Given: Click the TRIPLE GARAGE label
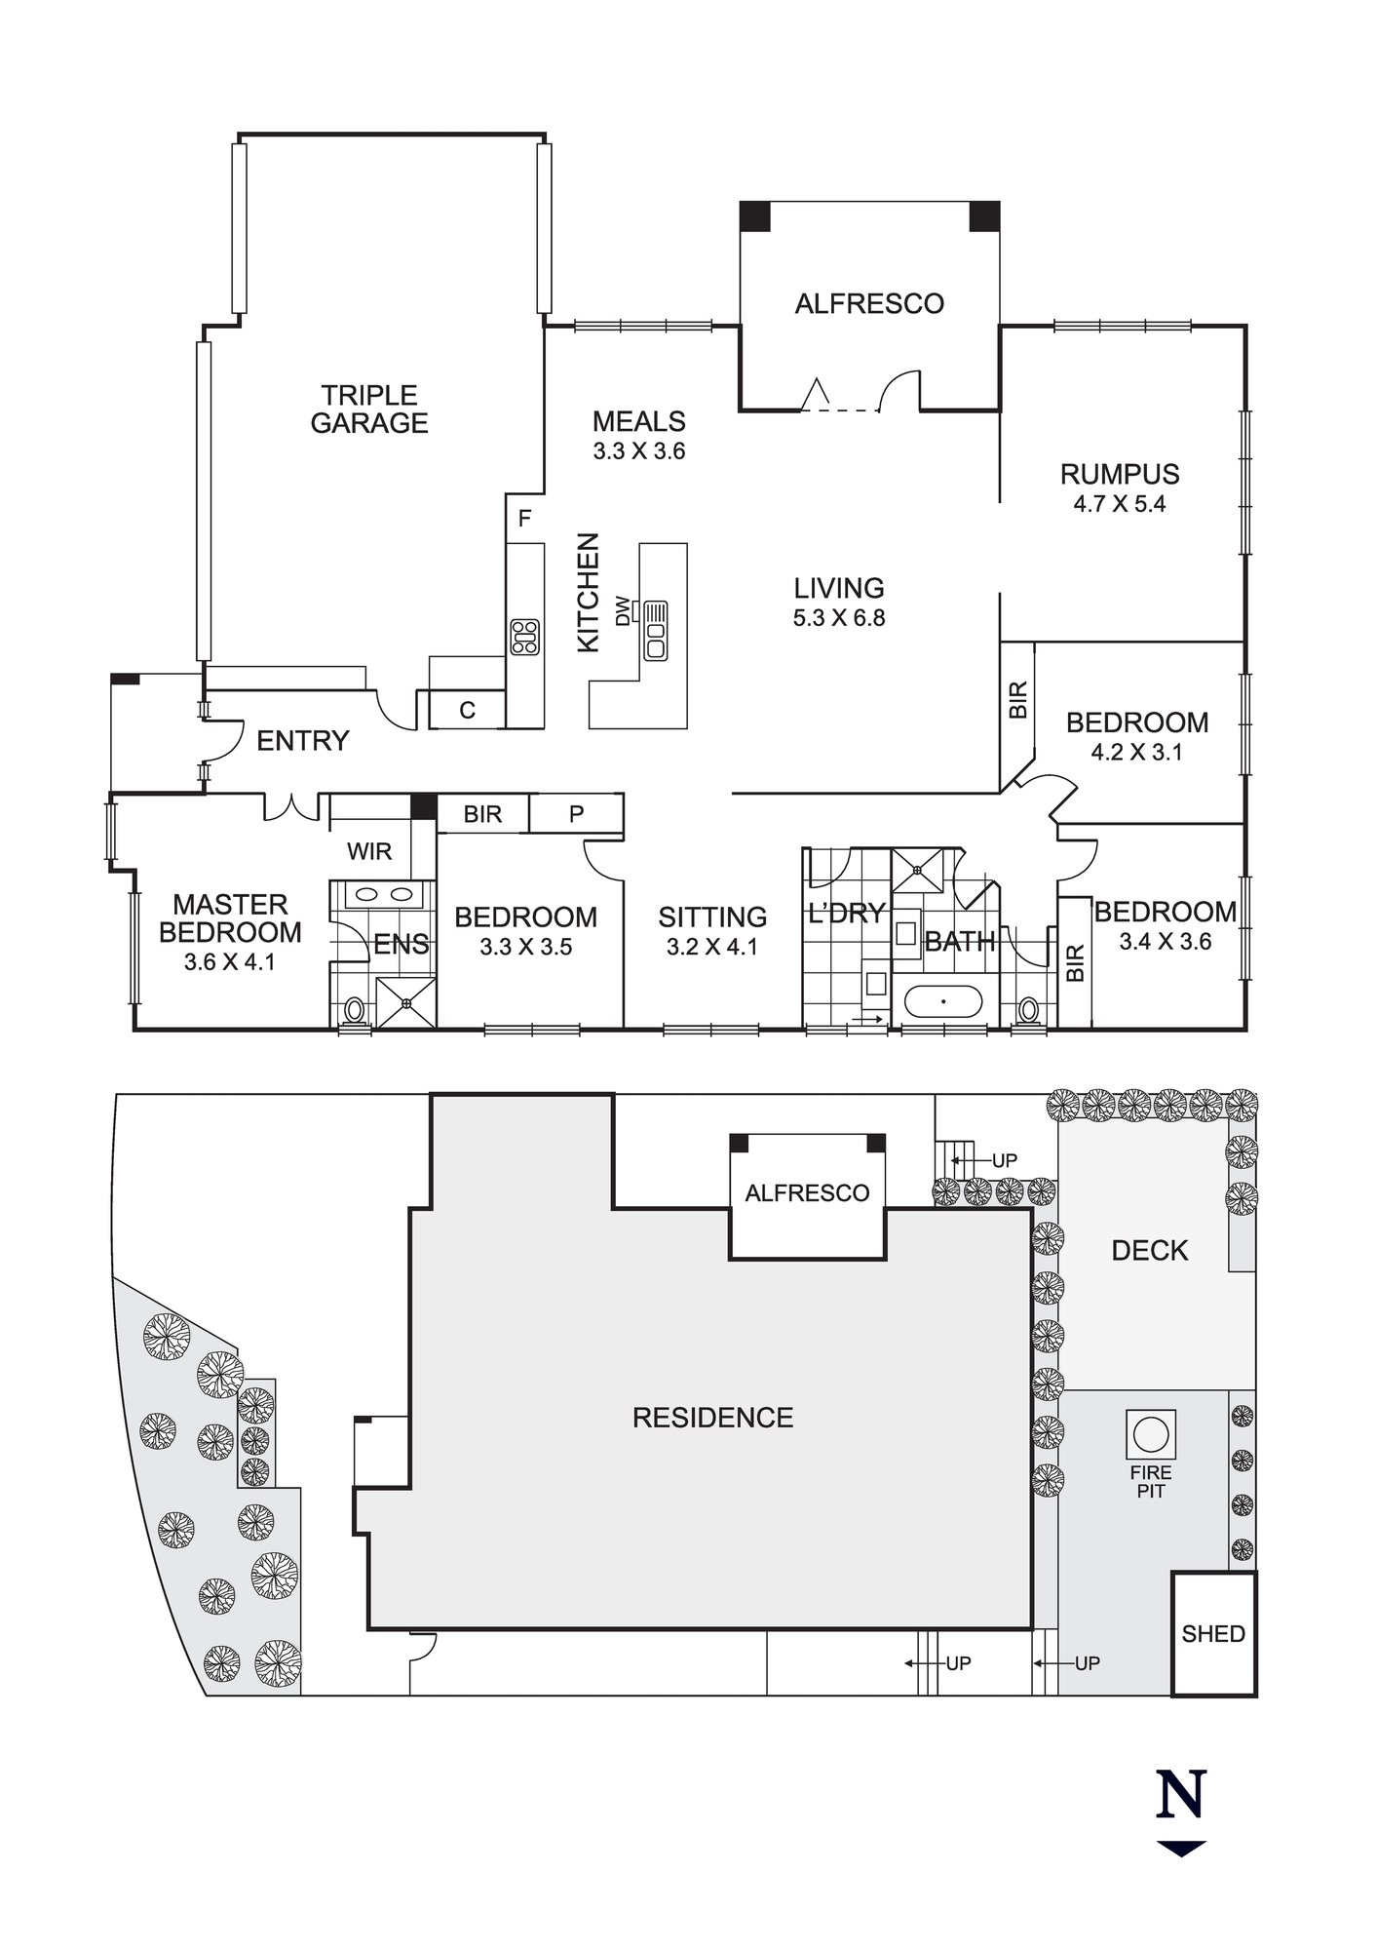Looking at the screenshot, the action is point(369,409).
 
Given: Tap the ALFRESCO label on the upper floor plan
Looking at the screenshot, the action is point(869,304).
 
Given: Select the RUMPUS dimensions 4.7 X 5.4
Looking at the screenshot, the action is point(1120,504).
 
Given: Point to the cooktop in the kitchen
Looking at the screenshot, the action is point(524,637).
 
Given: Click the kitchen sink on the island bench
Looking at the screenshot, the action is point(655,631).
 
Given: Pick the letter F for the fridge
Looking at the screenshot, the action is point(524,519).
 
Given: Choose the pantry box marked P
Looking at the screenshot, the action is point(576,813).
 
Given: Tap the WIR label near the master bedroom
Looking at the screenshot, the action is point(369,851).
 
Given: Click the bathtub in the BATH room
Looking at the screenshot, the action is point(943,1001).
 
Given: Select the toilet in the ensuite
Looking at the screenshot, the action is point(355,1011).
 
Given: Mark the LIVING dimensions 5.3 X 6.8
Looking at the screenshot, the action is point(839,618).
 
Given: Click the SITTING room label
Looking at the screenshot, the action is point(712,917).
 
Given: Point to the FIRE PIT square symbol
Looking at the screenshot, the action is point(1150,1434).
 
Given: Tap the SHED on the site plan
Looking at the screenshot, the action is point(1213,1633).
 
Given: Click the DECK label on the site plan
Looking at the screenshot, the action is point(1150,1251).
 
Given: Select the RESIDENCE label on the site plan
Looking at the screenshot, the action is point(712,1418).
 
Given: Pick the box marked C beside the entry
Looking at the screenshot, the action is point(467,710).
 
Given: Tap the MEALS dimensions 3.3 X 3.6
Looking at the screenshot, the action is point(639,451).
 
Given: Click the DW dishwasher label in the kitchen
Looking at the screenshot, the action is point(623,611).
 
